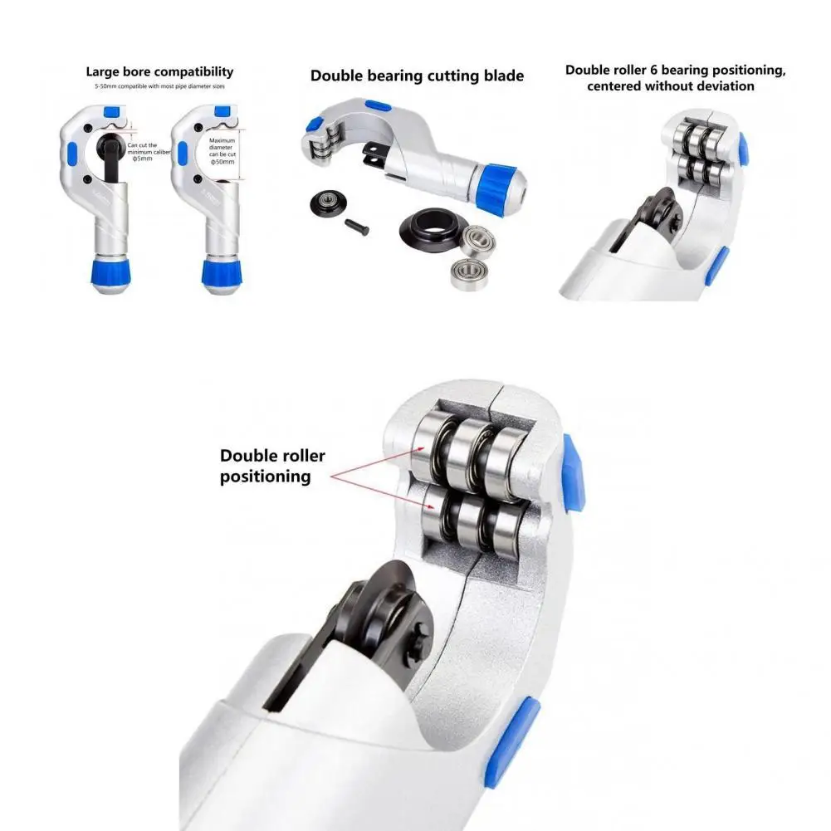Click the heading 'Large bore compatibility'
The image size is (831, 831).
point(159,72)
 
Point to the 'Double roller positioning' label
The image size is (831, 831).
point(272,466)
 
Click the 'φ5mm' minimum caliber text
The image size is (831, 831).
point(142,159)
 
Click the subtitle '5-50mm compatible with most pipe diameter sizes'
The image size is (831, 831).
point(159,86)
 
